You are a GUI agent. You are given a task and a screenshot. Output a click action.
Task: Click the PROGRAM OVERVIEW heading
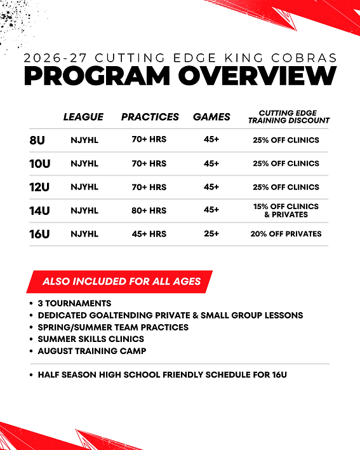180,76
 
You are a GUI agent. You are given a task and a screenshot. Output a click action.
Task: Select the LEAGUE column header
83,117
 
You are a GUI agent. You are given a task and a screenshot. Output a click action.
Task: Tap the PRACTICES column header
150,117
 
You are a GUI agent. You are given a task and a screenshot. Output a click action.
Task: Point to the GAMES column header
211,117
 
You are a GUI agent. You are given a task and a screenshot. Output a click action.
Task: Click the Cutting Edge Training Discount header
289,116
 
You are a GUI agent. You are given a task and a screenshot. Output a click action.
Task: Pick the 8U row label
37,140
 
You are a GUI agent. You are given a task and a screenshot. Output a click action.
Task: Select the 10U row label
40,164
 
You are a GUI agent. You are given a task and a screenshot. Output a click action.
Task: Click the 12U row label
40,187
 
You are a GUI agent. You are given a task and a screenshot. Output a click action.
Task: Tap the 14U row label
40,210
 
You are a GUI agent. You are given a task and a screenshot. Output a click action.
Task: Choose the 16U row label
40,234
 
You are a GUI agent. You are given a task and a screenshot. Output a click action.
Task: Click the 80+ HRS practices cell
150,210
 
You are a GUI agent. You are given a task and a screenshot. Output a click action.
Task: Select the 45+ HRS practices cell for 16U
150,234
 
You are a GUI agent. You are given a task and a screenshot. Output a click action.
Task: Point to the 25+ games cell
211,234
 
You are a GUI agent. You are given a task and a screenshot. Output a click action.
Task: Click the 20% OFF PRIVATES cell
286,234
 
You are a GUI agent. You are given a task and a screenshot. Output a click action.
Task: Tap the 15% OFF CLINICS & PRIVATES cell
286,210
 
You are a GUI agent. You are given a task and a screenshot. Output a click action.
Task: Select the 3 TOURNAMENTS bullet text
74,303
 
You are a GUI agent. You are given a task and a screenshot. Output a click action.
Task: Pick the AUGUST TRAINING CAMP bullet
92,351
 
